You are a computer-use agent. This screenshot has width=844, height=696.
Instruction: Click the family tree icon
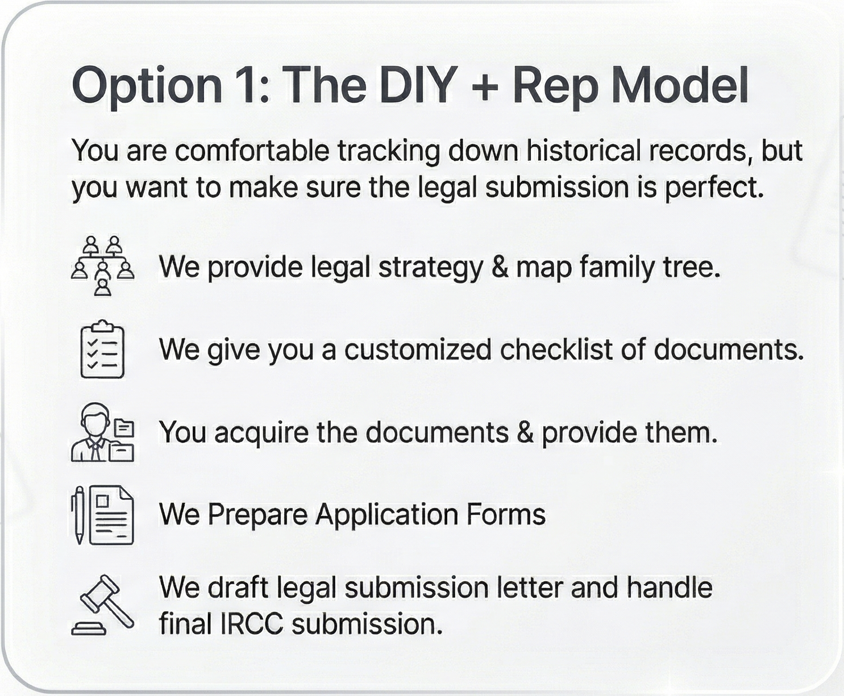103,265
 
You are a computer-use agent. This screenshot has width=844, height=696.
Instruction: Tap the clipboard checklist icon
103,349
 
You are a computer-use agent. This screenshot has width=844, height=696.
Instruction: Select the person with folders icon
103,433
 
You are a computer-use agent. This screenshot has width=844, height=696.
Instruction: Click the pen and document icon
103,515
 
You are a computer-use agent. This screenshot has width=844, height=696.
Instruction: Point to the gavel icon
103,605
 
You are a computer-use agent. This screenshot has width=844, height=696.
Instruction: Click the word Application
385,515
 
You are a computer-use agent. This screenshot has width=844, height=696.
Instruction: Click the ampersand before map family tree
500,268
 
